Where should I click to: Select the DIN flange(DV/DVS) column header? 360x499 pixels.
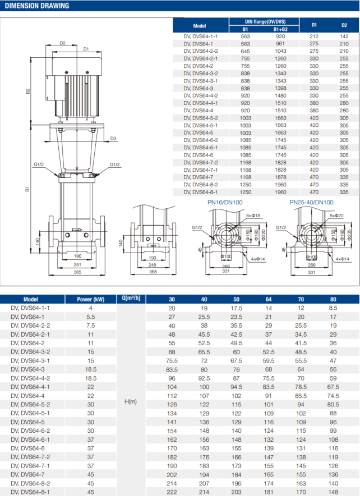[x=262, y=21]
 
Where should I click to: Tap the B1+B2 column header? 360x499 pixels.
[x=280, y=29]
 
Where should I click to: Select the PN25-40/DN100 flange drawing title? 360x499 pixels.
[x=311, y=202]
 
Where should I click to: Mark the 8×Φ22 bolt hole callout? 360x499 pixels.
[x=336, y=216]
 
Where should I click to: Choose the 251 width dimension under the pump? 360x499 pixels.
[x=77, y=264]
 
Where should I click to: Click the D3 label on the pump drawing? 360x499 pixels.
[x=113, y=138]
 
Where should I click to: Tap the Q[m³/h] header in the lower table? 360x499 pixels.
[x=131, y=298]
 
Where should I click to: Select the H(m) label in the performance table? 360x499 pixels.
[x=131, y=401]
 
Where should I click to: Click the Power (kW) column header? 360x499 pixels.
[x=90, y=299]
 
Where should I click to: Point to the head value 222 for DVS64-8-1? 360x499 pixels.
[x=172, y=492]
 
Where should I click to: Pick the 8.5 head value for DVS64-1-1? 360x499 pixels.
[x=334, y=308]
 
